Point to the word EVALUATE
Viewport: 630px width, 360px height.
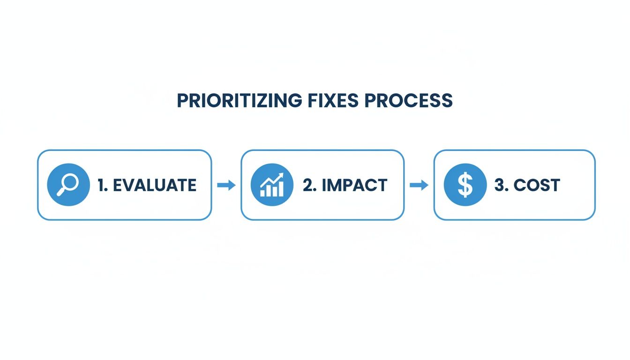point(155,185)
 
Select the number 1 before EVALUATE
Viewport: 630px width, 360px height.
point(102,185)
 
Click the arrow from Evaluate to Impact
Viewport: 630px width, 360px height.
point(226,185)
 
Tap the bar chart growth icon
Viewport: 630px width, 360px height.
point(271,185)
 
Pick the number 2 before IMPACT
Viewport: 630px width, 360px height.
point(307,185)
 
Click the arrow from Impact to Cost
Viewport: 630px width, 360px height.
point(419,185)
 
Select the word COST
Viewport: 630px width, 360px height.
point(537,185)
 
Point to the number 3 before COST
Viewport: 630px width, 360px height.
point(500,185)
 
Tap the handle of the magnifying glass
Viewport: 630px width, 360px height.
point(61,191)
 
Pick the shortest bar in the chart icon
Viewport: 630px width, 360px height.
point(262,193)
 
